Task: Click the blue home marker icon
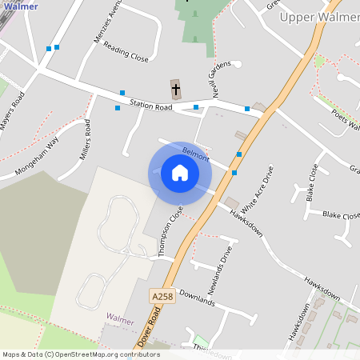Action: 180,173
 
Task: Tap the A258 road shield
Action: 162,296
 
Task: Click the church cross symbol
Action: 176,88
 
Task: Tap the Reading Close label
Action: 126,53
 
